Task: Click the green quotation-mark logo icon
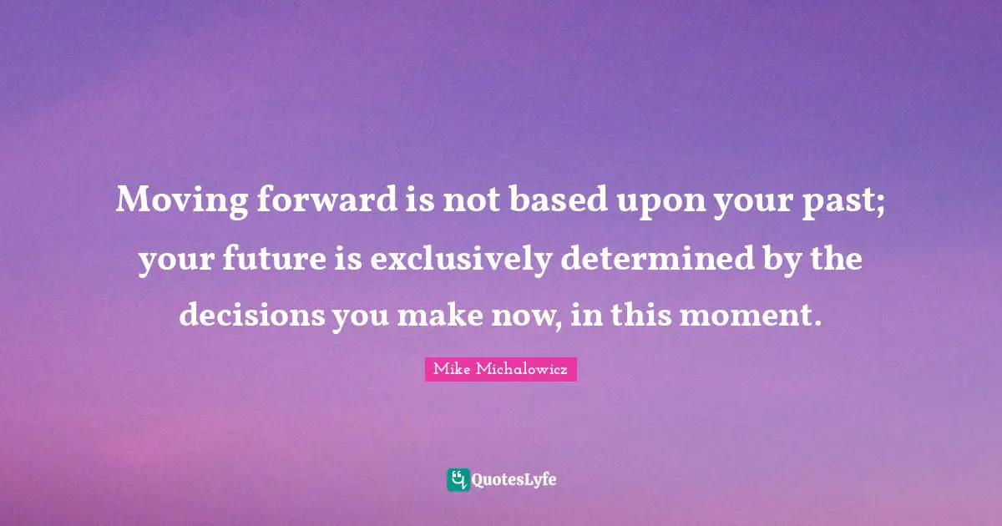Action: [x=458, y=479]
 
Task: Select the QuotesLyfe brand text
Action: [x=514, y=480]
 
